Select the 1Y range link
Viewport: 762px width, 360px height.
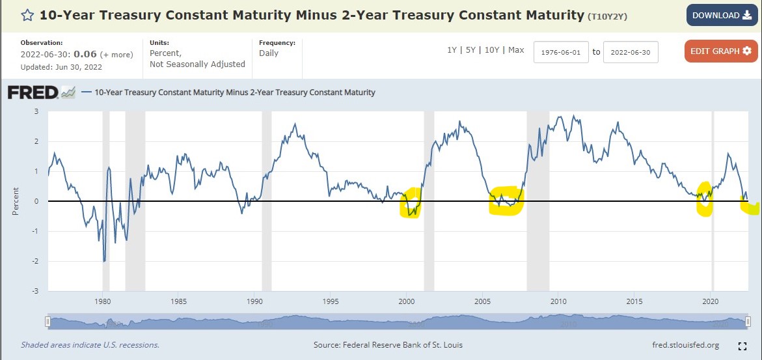coord(452,50)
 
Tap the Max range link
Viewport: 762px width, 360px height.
coord(516,50)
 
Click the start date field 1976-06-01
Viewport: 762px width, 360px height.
coord(561,52)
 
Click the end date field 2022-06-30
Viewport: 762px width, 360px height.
coord(631,52)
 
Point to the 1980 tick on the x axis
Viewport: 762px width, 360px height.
coord(103,301)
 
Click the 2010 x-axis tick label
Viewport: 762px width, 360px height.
coord(558,301)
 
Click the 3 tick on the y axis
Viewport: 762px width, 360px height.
coord(36,111)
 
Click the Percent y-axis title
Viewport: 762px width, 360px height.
coord(16,202)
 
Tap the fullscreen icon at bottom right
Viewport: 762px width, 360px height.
coord(742,346)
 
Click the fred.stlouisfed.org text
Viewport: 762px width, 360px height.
coord(685,345)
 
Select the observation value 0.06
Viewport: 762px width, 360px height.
coord(81,54)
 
